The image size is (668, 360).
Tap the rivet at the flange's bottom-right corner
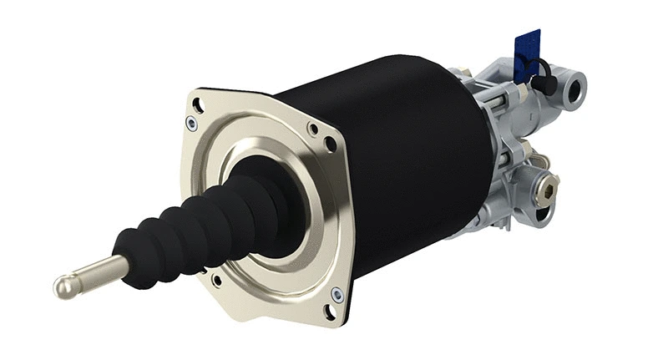pyautogui.click(x=337, y=293)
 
